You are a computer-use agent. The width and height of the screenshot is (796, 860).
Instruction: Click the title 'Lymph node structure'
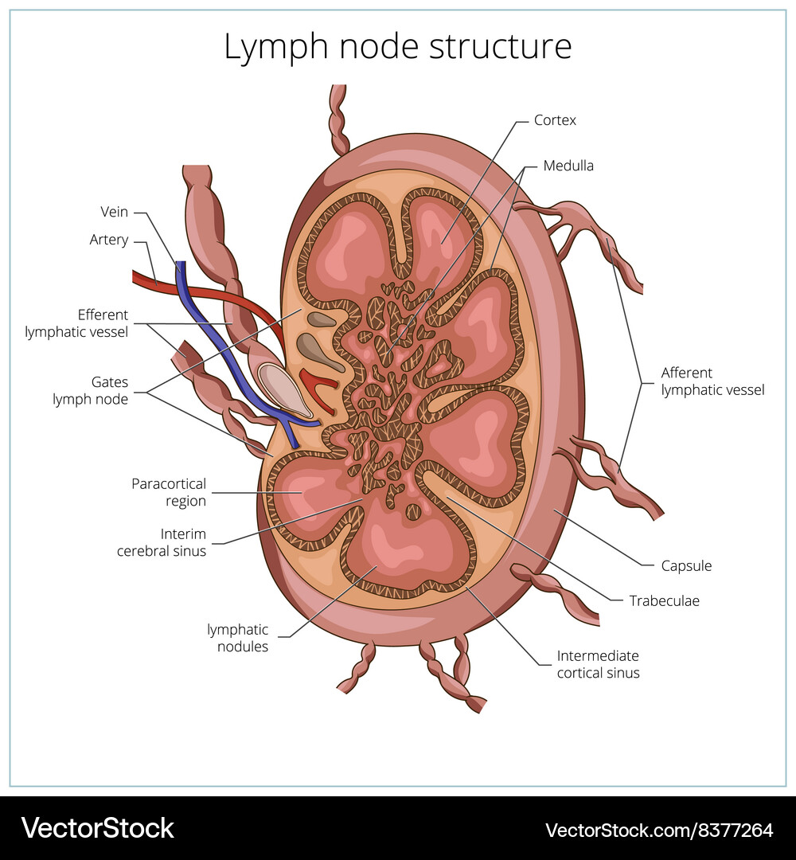(397, 47)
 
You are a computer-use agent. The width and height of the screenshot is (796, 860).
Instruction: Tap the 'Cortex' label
(555, 120)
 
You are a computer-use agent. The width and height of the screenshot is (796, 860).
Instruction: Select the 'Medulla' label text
(568, 166)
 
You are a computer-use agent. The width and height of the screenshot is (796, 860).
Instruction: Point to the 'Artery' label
(109, 240)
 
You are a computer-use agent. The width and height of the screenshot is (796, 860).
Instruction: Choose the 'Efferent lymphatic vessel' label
(76, 323)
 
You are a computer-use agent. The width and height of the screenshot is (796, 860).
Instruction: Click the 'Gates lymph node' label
(90, 391)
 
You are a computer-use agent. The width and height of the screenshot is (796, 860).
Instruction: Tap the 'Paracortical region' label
(169, 492)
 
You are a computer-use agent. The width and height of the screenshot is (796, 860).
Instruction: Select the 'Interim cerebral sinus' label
(162, 542)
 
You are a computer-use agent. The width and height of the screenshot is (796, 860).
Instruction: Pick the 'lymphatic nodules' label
(238, 638)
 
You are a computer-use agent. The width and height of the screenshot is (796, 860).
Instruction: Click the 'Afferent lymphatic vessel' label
(712, 381)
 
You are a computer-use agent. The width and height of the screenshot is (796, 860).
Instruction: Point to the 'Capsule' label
(686, 566)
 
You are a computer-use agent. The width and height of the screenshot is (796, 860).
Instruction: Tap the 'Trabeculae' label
(664, 601)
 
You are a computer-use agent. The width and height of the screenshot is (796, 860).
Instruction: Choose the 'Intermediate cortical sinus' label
(598, 664)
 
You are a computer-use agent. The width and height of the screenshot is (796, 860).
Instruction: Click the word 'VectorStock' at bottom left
(97, 828)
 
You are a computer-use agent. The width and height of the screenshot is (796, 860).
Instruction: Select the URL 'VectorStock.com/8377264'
(659, 830)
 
